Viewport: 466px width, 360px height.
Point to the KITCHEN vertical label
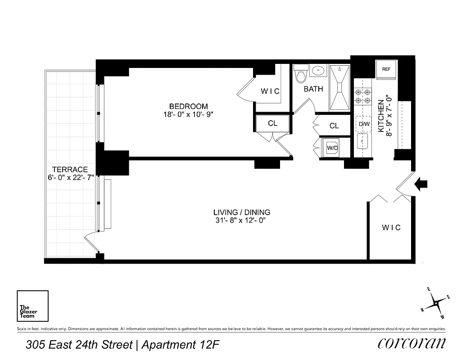(x=380, y=116)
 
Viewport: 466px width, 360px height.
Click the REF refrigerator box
(x=386, y=69)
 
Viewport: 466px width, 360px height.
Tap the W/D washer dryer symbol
(x=332, y=148)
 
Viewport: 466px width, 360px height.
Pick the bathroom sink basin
(x=319, y=71)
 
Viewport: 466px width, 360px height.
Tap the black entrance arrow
(x=421, y=184)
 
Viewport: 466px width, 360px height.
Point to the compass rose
(x=436, y=304)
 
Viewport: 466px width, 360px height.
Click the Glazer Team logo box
(x=32, y=306)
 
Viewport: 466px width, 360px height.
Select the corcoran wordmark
(x=412, y=343)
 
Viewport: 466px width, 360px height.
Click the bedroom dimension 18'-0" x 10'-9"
(x=188, y=114)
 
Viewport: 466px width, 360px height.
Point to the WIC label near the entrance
(x=391, y=228)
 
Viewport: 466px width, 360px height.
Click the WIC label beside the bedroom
(x=270, y=91)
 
